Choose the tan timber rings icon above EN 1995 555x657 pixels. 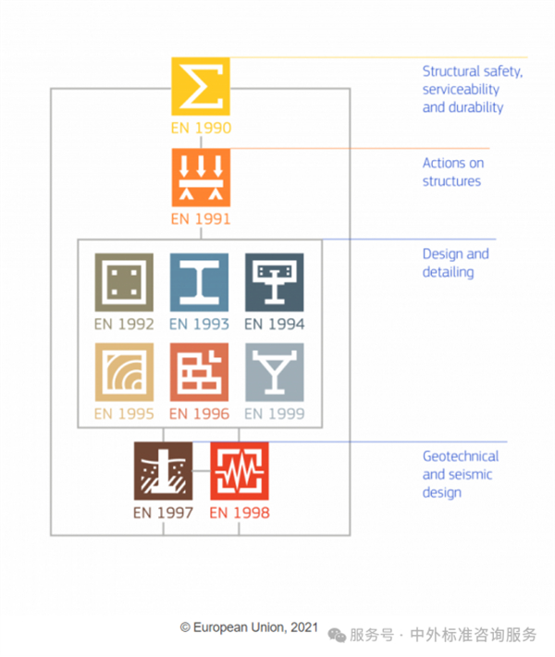click(124, 372)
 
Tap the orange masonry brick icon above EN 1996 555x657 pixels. click(199, 372)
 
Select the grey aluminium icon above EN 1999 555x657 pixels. click(274, 372)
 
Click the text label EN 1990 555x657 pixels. click(201, 129)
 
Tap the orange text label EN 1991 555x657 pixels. click(201, 219)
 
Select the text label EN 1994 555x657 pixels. click(274, 324)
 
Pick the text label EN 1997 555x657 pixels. click(163, 512)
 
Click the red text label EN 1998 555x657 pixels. click(239, 512)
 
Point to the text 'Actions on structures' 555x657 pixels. click(452, 172)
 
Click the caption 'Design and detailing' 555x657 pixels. click(455, 263)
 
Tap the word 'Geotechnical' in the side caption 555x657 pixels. click(460, 456)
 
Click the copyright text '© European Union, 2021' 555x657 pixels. click(249, 626)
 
